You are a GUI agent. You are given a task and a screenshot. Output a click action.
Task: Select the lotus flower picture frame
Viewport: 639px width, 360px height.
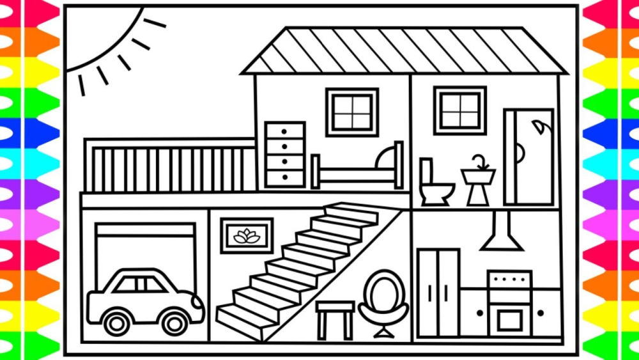point(247,236)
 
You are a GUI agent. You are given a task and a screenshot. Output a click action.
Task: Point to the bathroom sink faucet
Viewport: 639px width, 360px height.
point(479,161)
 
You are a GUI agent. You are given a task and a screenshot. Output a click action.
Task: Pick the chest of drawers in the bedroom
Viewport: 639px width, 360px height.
point(285,155)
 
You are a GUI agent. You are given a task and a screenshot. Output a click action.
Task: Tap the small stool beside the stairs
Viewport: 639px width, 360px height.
point(335,317)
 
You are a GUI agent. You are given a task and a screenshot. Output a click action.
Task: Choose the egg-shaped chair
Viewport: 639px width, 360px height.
point(383,301)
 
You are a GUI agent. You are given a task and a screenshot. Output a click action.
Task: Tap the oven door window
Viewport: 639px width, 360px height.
point(510,320)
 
